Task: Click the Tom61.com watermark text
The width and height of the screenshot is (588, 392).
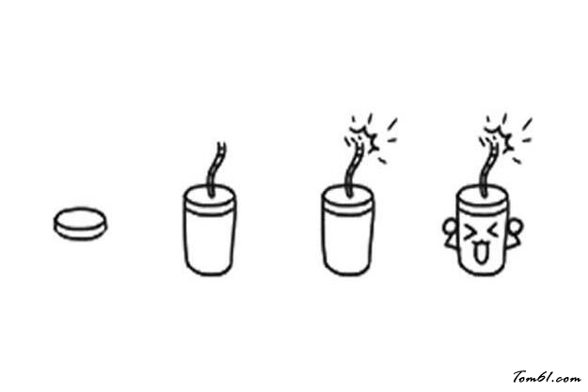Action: point(548,377)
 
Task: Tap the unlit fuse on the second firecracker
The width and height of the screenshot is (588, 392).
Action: point(216,169)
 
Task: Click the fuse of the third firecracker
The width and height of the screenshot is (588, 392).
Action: point(354,170)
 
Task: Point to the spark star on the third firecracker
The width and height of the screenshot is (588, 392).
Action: point(364,139)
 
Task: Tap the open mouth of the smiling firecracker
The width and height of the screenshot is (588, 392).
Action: point(480,253)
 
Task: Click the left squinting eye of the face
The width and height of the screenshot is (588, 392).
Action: point(469,232)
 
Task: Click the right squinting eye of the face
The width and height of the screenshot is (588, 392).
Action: point(493,230)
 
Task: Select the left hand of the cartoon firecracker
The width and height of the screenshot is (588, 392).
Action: point(450,233)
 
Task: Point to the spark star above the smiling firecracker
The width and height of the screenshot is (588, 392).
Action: point(499,139)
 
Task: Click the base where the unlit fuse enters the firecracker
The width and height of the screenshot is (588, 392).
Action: point(211,195)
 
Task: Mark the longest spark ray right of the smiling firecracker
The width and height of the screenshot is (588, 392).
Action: point(527,124)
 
